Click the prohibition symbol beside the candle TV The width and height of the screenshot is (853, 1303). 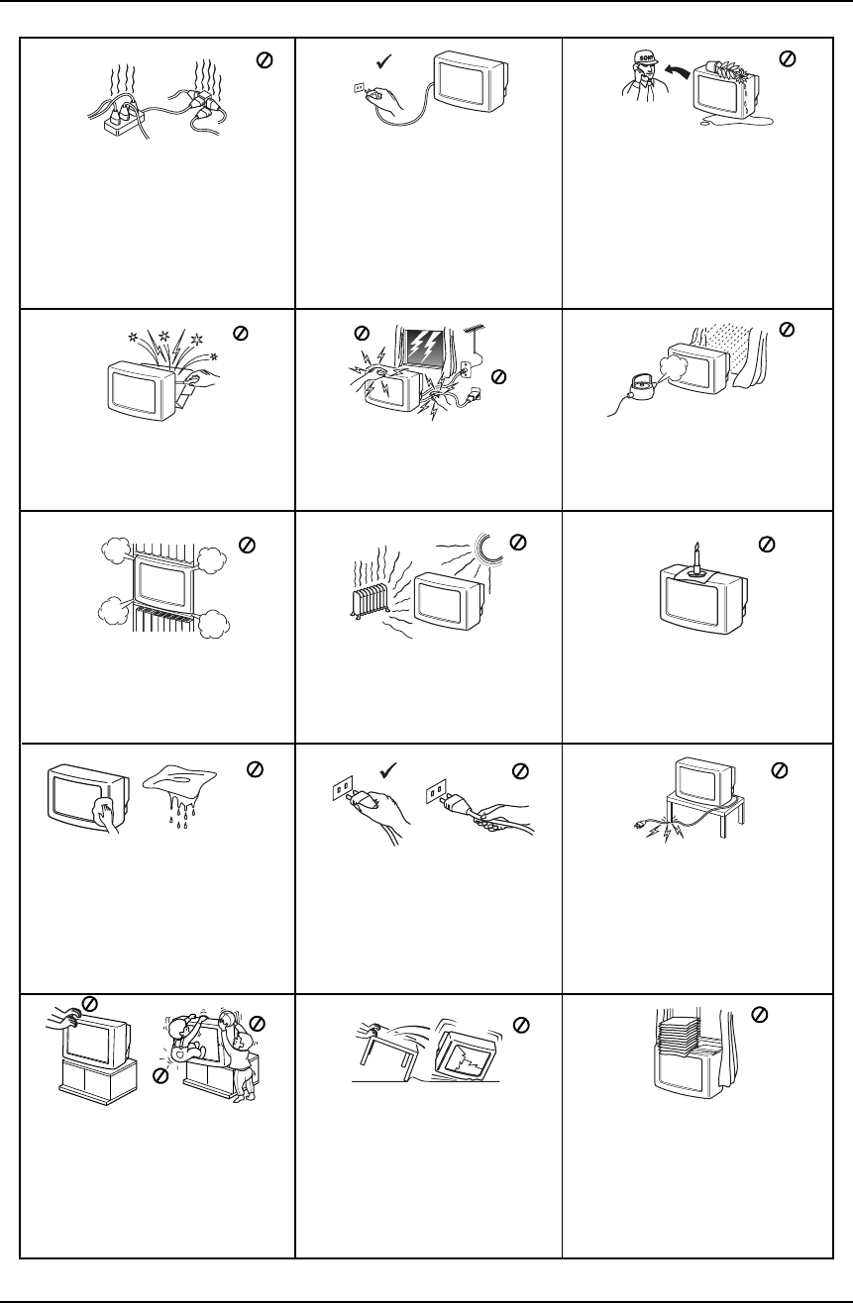point(767,544)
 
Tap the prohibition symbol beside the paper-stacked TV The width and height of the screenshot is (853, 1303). point(760,1014)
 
